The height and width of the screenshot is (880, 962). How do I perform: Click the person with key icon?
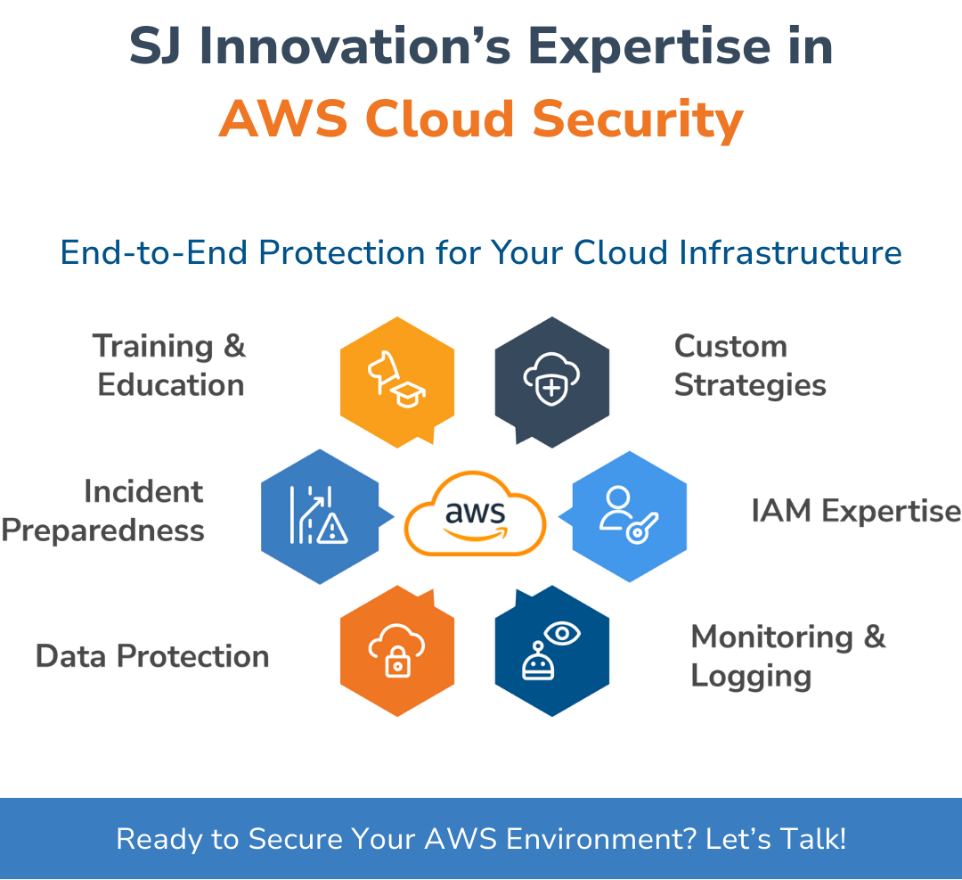click(627, 514)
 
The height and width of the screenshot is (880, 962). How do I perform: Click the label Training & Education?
click(169, 366)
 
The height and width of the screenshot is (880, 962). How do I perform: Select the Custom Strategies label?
click(749, 366)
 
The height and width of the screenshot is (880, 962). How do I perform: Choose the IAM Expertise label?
click(855, 512)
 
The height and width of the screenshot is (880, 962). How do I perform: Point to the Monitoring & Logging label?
click(787, 656)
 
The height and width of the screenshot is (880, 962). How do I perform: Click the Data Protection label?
click(152, 657)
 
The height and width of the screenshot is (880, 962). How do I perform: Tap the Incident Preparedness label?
click(103, 511)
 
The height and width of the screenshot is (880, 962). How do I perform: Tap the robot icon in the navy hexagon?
click(534, 662)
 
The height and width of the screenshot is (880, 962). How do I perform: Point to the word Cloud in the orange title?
click(441, 119)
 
